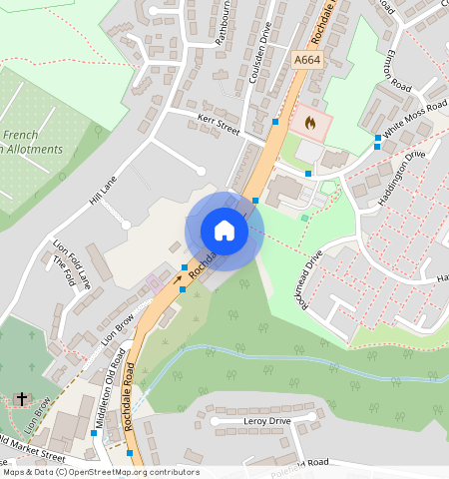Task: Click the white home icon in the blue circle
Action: click(224, 231)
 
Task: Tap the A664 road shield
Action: click(306, 61)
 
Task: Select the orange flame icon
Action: click(309, 124)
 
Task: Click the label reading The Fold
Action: click(65, 270)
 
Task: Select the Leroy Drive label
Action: click(265, 422)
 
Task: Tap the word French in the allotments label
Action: click(21, 134)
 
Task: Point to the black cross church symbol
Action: click(21, 399)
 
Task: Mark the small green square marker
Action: click(304, 218)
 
